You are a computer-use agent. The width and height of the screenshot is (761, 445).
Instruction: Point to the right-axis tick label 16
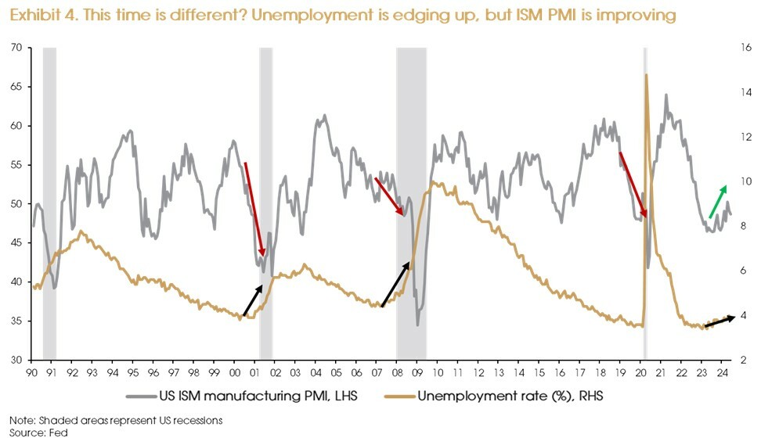pyautogui.click(x=745, y=48)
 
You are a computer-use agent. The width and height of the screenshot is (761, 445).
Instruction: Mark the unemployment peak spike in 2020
pyautogui.click(x=646, y=76)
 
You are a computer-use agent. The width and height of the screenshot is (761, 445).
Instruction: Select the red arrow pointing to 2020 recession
pyautogui.click(x=633, y=185)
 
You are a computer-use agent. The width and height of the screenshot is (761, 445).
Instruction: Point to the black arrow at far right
pyautogui.click(x=720, y=321)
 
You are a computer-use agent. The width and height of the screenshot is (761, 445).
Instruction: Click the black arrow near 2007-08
pyautogui.click(x=395, y=285)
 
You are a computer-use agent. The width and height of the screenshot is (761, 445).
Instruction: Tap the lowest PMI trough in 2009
pyautogui.click(x=418, y=325)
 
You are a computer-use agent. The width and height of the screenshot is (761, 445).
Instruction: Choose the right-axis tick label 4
pyautogui.click(x=742, y=316)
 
